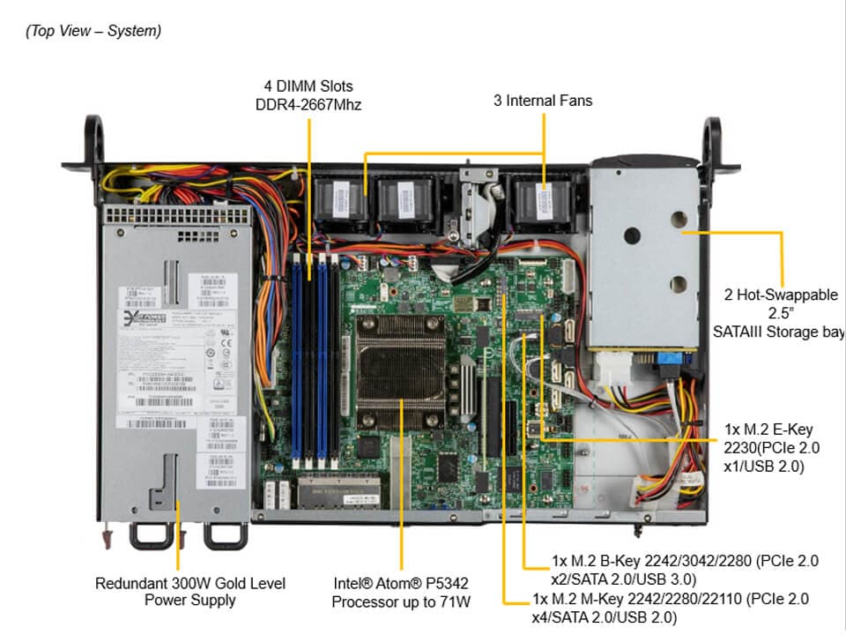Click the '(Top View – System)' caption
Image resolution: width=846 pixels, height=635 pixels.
[x=93, y=31]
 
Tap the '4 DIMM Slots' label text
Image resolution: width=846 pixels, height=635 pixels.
[x=308, y=86]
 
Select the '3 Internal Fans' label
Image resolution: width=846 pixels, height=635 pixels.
[x=543, y=101]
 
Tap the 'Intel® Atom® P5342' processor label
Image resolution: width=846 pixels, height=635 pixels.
[x=401, y=583]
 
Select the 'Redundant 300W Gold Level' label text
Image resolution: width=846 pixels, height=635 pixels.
[x=190, y=583]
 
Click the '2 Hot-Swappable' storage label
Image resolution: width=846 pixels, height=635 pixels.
[x=781, y=295]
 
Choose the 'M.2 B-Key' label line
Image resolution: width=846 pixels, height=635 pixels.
[x=685, y=561]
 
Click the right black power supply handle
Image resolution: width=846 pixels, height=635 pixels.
[x=225, y=534]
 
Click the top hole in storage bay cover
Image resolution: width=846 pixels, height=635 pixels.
[x=680, y=219]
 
